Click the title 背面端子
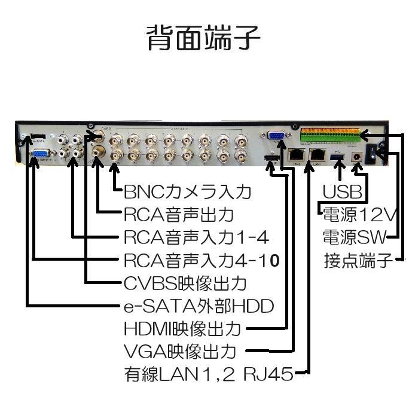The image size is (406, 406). [x=203, y=38]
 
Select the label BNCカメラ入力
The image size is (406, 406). [x=187, y=193]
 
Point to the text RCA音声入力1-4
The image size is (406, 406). [x=196, y=237]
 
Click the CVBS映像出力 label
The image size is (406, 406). [x=185, y=283]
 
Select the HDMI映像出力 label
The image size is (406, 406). [x=182, y=329]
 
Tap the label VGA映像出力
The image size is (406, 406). [x=179, y=351]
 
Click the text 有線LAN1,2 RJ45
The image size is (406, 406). [x=209, y=374]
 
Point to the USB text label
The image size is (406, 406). [x=343, y=193]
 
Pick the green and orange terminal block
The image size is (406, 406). [x=331, y=136]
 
